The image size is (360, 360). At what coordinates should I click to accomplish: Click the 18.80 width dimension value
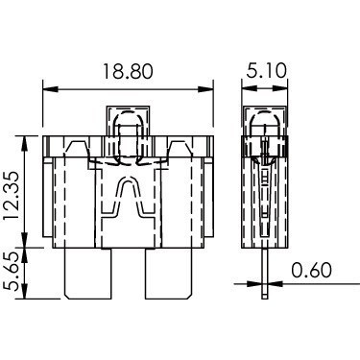coord(128,71)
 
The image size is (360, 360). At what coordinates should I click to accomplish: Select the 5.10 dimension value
coord(266,70)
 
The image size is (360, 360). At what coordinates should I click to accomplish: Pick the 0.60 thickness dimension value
coord(311,270)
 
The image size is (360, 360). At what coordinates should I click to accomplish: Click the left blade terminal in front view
coord(88,274)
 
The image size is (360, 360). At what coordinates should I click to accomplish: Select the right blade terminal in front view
coord(169,274)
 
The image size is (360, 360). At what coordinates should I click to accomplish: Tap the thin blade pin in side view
coord(264,274)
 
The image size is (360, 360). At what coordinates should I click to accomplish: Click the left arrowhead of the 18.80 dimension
coord(51,89)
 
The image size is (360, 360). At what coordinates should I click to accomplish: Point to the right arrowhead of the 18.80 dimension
coord(205,89)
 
